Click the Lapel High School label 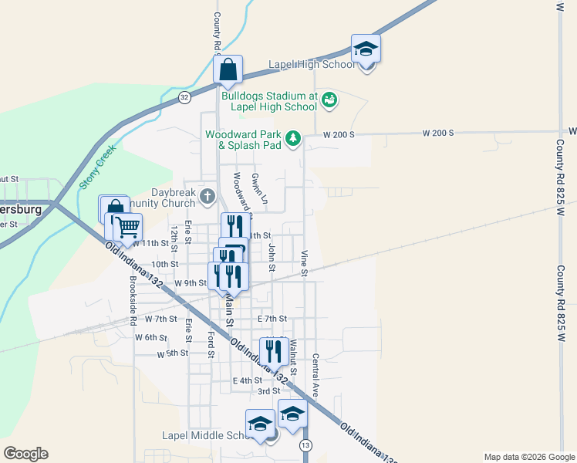pos(312,65)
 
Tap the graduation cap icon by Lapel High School pos(366,50)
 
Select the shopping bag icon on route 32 pos(228,70)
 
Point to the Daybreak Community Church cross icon pos(207,196)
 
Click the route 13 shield pos(306,446)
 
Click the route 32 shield pos(184,97)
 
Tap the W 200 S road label pos(339,134)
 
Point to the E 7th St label pos(272,319)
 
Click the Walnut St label pos(293,352)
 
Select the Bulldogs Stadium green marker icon pos(329,100)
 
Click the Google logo pos(25,454)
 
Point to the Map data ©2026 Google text pos(528,457)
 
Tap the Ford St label pos(210,345)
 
